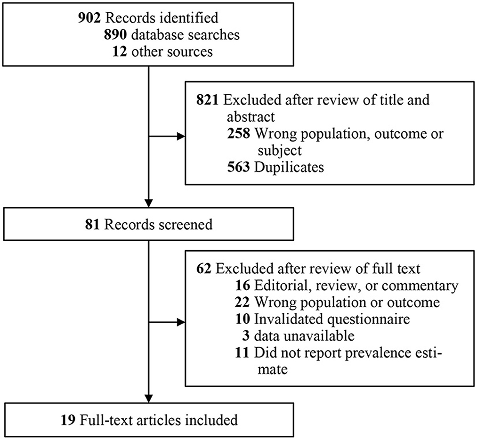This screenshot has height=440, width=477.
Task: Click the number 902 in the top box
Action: (89, 18)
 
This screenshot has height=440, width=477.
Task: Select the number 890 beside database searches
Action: (115, 35)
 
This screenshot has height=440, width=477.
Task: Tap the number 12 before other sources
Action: (120, 51)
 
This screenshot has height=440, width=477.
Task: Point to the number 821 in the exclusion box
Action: (208, 100)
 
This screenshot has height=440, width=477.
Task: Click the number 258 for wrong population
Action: (239, 134)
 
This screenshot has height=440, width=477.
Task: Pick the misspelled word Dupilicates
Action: (289, 167)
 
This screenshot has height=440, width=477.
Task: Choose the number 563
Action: (239, 167)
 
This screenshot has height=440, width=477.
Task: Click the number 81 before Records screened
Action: (92, 225)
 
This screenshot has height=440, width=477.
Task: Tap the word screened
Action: (186, 225)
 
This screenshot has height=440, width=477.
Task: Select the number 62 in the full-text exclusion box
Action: (204, 269)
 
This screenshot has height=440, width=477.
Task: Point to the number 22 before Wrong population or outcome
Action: (243, 302)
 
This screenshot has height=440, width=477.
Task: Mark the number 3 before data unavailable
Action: (246, 336)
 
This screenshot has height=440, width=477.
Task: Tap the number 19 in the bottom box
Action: (68, 420)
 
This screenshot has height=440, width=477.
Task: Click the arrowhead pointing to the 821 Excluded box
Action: (181, 136)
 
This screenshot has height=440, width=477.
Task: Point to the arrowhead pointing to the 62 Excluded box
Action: (181, 323)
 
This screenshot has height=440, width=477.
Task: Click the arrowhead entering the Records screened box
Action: (148, 203)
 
